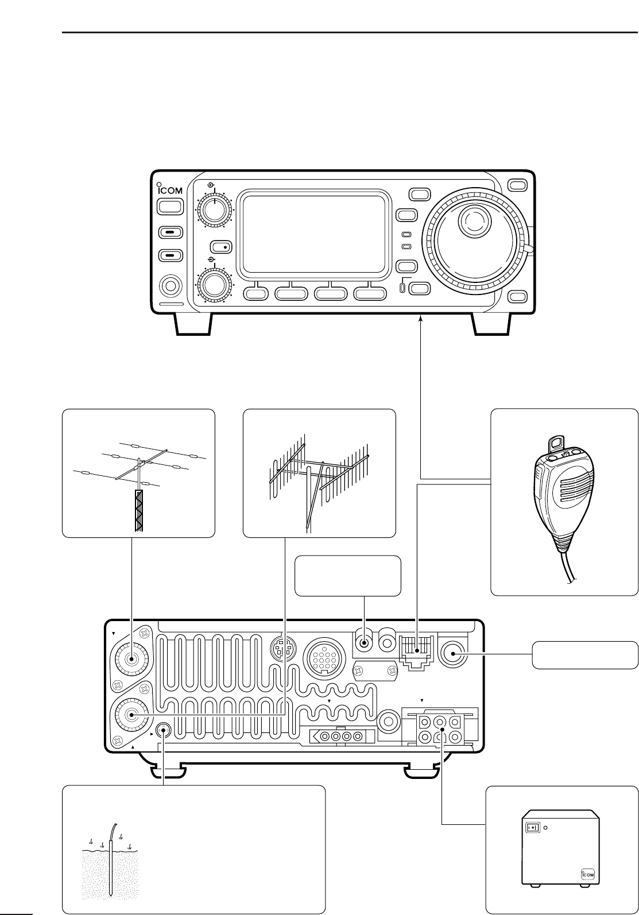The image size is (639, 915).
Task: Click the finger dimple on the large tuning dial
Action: coord(474,221)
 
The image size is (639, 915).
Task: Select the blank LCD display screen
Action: coord(313,234)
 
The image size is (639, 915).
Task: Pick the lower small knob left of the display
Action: coord(214,285)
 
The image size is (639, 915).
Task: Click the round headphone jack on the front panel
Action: coord(171,285)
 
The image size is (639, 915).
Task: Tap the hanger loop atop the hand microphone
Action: coord(556,443)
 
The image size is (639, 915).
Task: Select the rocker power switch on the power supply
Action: coord(533,828)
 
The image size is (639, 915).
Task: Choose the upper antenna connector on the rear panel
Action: coord(131,658)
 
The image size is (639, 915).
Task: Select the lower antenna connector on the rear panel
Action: coord(131,715)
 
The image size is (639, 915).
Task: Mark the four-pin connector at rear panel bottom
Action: coord(342,736)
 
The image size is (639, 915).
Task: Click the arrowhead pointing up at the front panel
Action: coord(420,317)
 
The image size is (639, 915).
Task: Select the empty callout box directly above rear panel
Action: coord(348,576)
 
